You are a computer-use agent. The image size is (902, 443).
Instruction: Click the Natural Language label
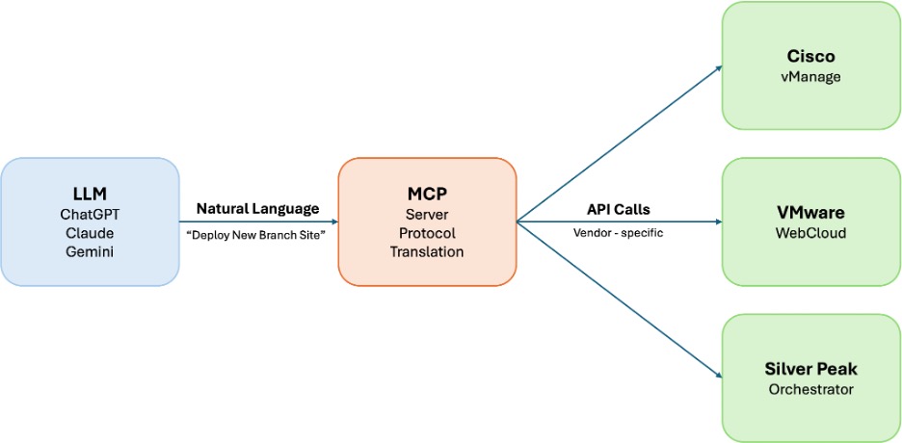257,208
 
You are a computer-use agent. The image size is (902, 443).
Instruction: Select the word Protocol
427,232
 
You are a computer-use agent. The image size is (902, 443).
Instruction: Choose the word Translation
427,252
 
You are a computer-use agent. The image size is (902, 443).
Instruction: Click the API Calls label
618,208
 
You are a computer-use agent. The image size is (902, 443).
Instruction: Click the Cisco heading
810,56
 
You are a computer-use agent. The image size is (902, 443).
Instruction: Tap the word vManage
810,77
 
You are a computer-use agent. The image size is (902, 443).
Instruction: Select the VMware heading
810,211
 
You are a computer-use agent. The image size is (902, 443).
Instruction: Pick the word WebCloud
810,233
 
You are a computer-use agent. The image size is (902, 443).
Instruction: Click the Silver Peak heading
810,369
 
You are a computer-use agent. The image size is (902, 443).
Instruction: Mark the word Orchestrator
810,390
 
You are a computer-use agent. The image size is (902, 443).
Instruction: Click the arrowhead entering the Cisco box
717,67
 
